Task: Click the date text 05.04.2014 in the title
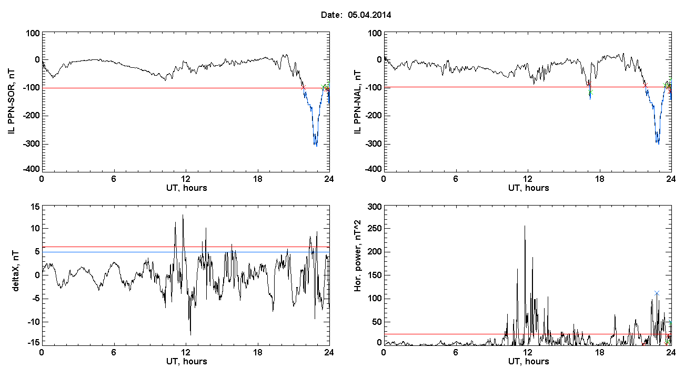coord(369,15)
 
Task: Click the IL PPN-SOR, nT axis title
coord(11,101)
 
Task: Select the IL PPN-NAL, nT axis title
coord(358,101)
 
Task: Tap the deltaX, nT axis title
coord(16,271)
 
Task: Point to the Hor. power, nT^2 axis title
coord(358,255)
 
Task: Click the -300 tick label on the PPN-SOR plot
coord(31,144)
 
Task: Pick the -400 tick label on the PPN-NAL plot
coord(373,169)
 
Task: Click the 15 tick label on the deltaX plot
coord(35,207)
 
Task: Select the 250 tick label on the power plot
coord(375,229)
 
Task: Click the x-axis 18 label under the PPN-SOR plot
coord(258,179)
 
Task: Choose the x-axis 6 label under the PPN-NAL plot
coord(456,179)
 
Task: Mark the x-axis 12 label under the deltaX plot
coord(185,352)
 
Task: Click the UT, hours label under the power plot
coord(529,362)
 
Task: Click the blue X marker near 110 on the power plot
coord(657,293)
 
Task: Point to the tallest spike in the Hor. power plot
coord(525,226)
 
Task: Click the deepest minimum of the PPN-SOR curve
coord(316,146)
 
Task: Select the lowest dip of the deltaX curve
coord(191,335)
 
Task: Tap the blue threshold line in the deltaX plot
coord(186,252)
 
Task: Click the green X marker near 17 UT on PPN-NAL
coord(590,92)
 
